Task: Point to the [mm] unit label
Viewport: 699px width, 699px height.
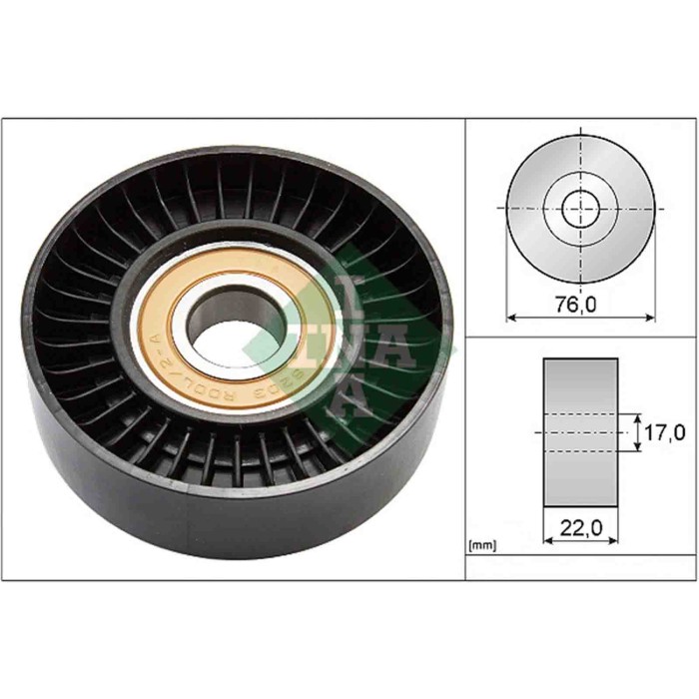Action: pos(482,546)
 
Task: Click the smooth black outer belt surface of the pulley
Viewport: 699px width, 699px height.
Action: pos(150,499)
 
